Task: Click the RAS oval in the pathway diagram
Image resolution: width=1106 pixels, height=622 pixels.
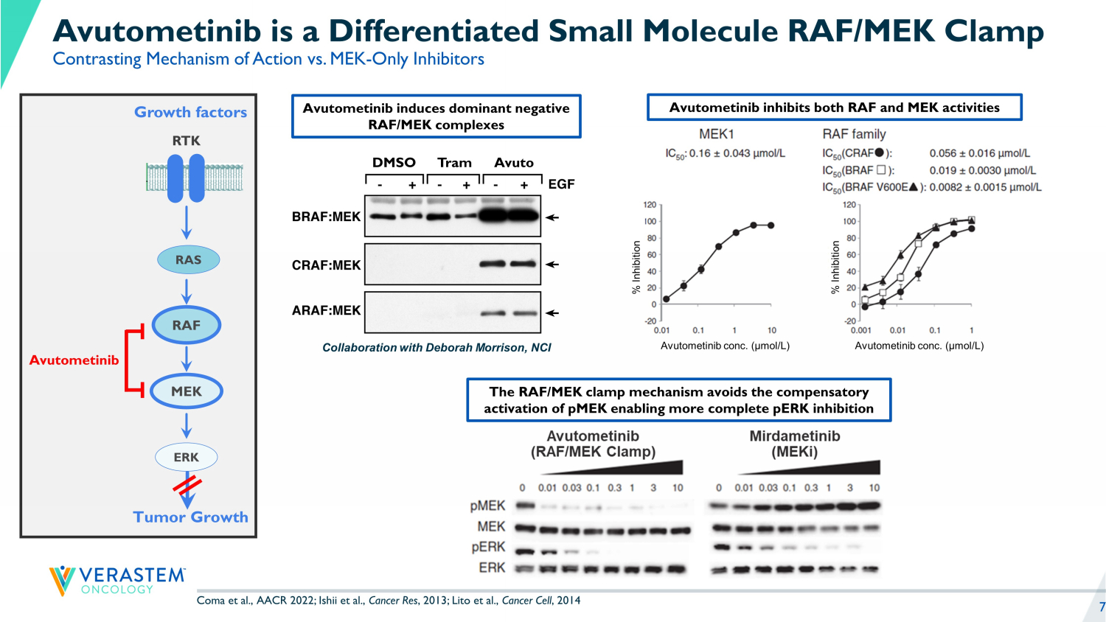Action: point(188,259)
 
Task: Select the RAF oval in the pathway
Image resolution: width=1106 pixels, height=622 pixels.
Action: point(187,325)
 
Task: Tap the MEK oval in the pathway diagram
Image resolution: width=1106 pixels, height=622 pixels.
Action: point(187,391)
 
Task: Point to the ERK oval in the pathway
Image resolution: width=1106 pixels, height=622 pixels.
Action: point(187,457)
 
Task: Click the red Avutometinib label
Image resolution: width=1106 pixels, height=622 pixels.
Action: point(74,360)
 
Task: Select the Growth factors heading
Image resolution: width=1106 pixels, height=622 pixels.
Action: point(190,112)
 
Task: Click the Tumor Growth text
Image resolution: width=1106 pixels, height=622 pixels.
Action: point(190,517)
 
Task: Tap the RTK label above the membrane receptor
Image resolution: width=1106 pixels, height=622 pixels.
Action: point(186,141)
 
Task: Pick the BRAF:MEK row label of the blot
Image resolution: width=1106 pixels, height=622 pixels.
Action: point(326,217)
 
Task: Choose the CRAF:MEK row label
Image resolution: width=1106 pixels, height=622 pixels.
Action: point(326,265)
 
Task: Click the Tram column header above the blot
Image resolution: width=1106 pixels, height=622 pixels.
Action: point(454,163)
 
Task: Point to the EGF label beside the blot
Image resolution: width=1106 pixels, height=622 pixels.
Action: point(561,184)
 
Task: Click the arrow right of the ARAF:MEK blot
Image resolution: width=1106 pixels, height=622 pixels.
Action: point(552,313)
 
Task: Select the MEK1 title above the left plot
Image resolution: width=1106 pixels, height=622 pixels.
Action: point(716,134)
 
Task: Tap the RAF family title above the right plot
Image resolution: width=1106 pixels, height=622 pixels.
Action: point(854,134)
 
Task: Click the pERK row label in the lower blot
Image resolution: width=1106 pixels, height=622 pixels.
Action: point(488,547)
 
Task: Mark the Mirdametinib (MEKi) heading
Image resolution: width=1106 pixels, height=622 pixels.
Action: point(794,444)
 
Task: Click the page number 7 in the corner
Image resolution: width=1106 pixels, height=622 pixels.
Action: point(1102,607)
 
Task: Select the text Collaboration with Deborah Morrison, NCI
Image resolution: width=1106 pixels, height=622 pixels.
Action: point(437,348)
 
